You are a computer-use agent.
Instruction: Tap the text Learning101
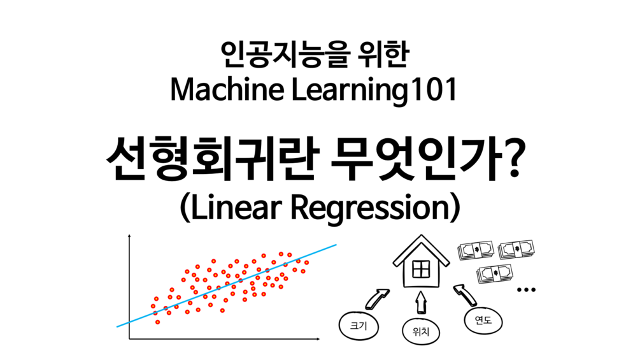pyautogui.click(x=374, y=90)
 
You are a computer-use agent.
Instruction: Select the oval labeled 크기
pyautogui.click(x=359, y=326)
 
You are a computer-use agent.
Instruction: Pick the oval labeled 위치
pyautogui.click(x=421, y=331)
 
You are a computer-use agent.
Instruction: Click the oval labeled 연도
pyautogui.click(x=483, y=320)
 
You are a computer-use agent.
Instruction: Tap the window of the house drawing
pyautogui.click(x=421, y=270)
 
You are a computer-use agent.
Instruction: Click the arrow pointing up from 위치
pyautogui.click(x=421, y=302)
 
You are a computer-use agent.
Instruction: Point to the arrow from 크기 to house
pyautogui.click(x=377, y=299)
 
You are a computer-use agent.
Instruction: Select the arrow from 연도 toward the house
pyautogui.click(x=465, y=296)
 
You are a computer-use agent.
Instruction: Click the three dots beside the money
pyautogui.click(x=526, y=290)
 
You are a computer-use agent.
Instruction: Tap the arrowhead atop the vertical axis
pyautogui.click(x=129, y=236)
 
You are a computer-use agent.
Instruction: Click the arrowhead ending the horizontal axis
pyautogui.click(x=318, y=339)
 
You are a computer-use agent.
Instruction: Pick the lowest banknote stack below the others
pyautogui.click(x=494, y=273)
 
